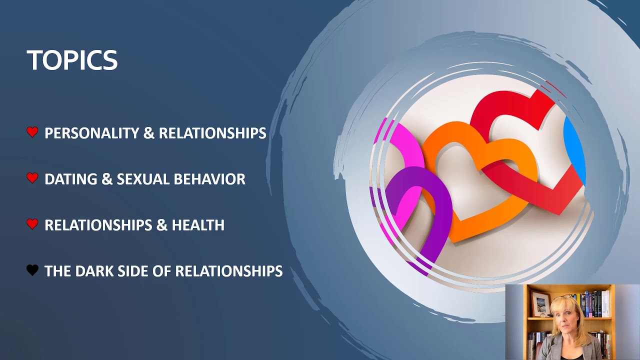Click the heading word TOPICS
tap(72, 60)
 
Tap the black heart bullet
tap(32, 270)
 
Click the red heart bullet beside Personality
tap(32, 132)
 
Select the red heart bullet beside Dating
tap(32, 178)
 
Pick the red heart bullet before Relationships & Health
tap(32, 224)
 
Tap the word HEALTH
tap(198, 225)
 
